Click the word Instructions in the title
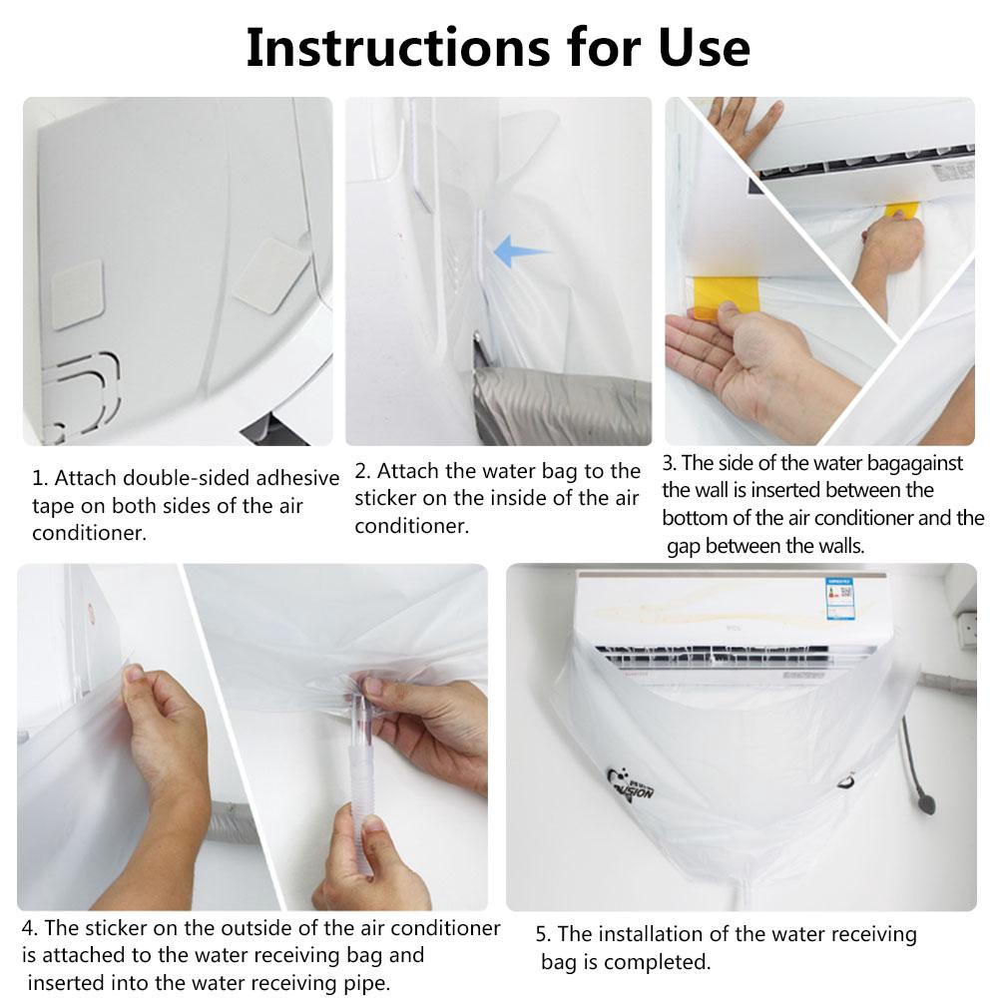[x=397, y=48]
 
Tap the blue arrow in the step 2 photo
[x=519, y=250]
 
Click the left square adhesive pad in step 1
[x=77, y=294]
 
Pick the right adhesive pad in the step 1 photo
[x=270, y=275]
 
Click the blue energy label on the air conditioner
[x=839, y=598]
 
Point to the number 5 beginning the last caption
[x=542, y=935]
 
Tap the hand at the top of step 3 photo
[x=743, y=124]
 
